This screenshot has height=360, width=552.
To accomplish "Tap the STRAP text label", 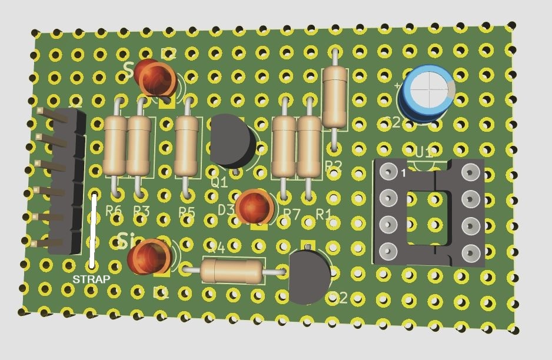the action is (x=91, y=279).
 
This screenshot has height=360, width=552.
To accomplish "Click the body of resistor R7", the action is (x=284, y=146).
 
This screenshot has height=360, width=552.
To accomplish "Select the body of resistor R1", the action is (x=310, y=146).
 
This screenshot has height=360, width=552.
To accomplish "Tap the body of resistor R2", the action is (x=335, y=96).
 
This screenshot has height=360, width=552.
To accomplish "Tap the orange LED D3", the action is (x=255, y=207).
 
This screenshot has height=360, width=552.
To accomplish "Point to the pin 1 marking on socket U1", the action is (x=404, y=174).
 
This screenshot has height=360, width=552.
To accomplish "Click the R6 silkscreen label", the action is (x=114, y=210).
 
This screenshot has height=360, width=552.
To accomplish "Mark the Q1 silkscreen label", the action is (x=219, y=183).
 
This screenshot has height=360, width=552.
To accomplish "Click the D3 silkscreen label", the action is (x=226, y=210).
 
